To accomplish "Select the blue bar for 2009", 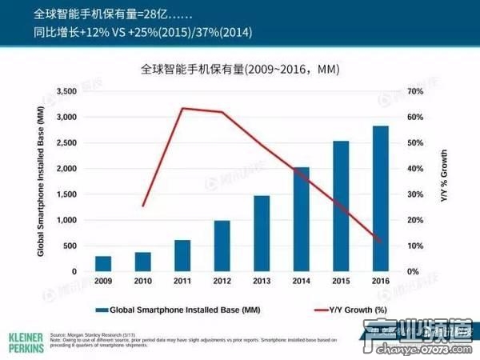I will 103,264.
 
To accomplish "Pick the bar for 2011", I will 182,255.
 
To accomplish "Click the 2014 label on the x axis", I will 302,282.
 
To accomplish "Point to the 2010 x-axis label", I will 143,282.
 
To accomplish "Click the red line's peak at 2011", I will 183,108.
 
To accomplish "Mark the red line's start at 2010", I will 143,206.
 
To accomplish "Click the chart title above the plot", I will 240,70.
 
